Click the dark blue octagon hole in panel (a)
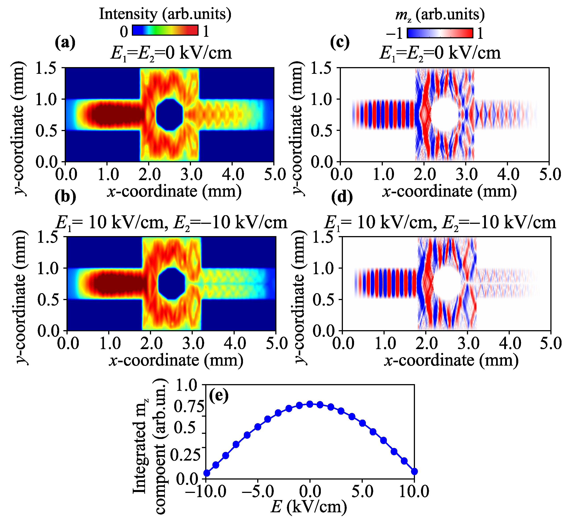point(169,114)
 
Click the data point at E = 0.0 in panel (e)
point(310,404)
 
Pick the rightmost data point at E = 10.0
point(414,472)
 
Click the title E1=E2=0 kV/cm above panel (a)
point(171,53)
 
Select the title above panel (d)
point(440,223)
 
